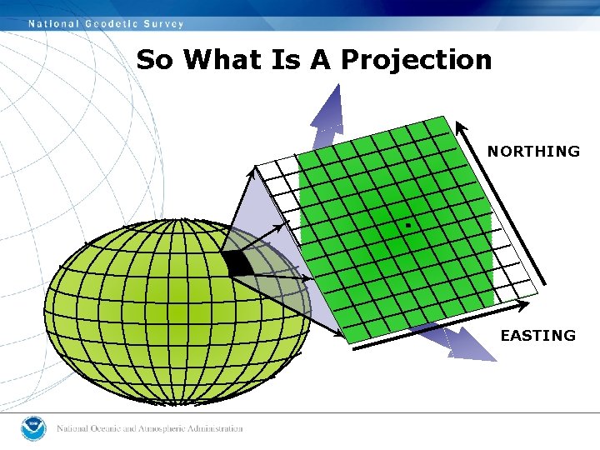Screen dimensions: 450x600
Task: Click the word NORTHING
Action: click(x=533, y=152)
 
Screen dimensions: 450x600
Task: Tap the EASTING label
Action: click(x=537, y=336)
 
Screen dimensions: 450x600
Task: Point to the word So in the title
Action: click(x=156, y=60)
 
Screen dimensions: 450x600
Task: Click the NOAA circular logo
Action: click(x=34, y=428)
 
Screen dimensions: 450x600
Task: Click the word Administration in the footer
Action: click(x=215, y=429)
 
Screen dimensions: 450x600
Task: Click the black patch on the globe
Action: click(x=237, y=262)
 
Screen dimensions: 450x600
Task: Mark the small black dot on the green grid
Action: click(x=408, y=225)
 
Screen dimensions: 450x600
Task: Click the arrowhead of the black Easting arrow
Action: click(x=344, y=337)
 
